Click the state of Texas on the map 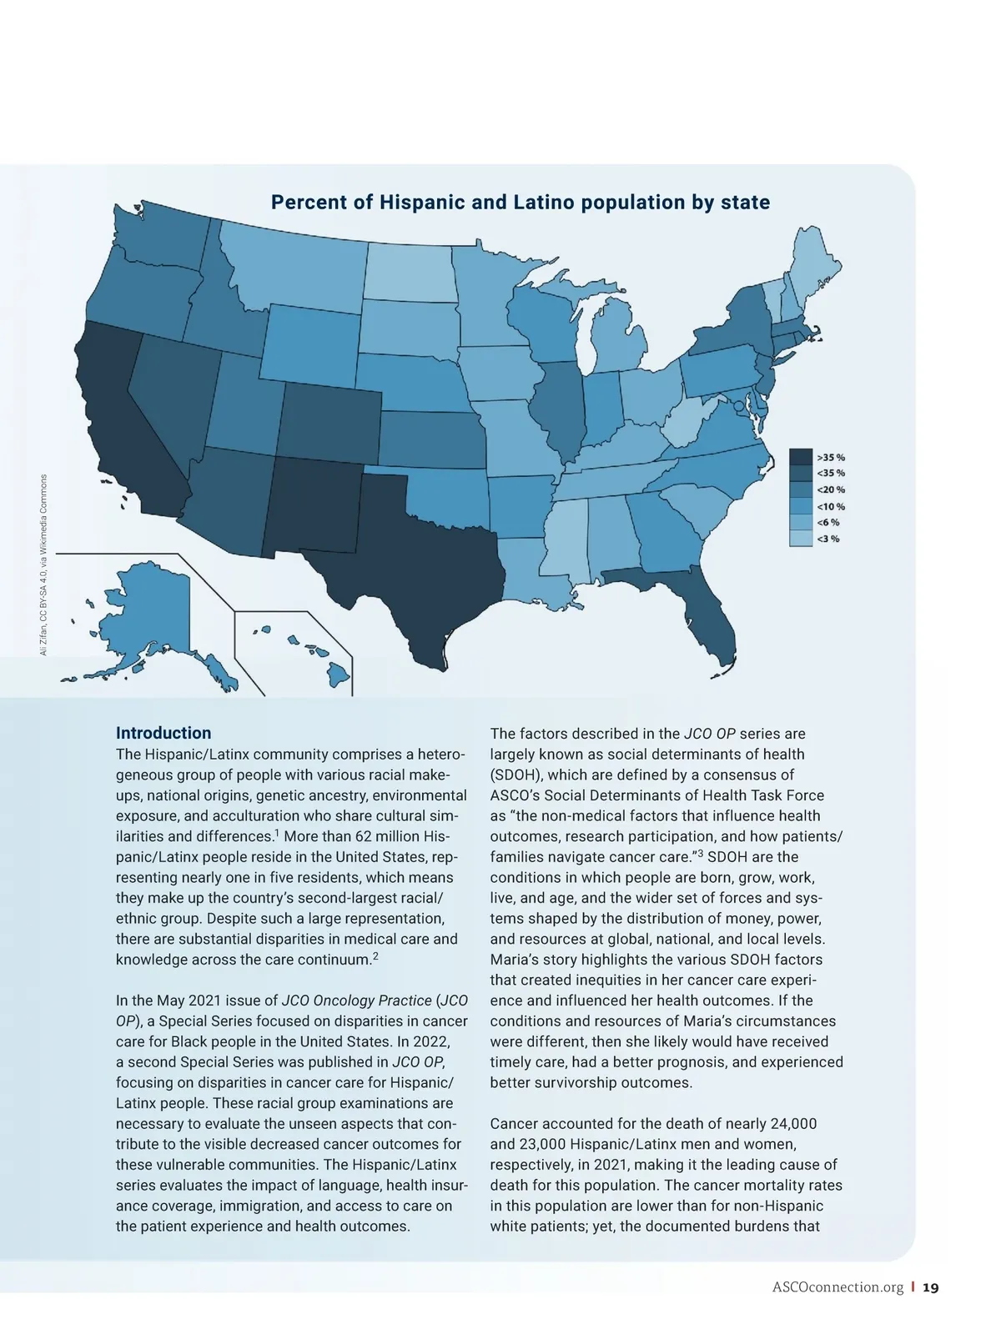click(x=409, y=550)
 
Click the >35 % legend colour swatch click(x=801, y=457)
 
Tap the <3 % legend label click(x=828, y=539)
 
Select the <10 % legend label click(x=831, y=506)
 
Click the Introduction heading click(x=163, y=733)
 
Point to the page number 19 click(x=931, y=1288)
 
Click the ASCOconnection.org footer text click(x=838, y=1288)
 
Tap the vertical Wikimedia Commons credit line click(x=43, y=564)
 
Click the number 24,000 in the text click(x=789, y=1124)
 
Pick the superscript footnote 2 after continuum click(x=375, y=955)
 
